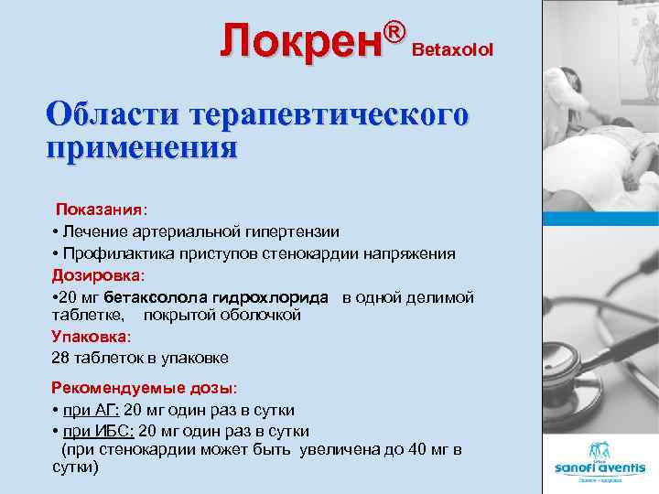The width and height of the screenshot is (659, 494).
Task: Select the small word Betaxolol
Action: coord(453,48)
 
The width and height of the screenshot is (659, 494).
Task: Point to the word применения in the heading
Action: coord(142,145)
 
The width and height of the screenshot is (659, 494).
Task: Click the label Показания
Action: coord(100,211)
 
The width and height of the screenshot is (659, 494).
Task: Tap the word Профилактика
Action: coord(111,253)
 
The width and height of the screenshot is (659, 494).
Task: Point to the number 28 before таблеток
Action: coord(60,358)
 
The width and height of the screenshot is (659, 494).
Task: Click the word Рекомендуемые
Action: coord(108,387)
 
